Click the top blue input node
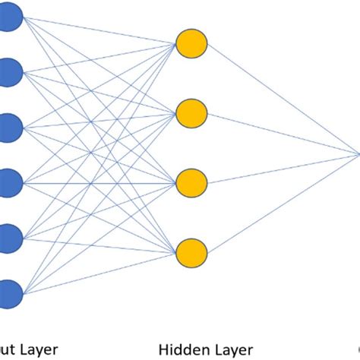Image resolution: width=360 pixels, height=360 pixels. (x=9, y=16)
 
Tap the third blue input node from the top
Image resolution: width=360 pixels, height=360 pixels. (x=9, y=127)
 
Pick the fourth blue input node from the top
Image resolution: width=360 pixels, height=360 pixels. (x=9, y=182)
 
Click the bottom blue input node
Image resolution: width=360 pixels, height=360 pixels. (x=9, y=292)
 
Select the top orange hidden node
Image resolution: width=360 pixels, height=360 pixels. (x=191, y=44)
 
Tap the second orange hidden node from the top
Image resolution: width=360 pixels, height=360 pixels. (x=191, y=114)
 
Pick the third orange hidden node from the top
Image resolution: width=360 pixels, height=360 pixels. (x=191, y=183)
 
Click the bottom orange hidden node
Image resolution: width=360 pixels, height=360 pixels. (x=191, y=253)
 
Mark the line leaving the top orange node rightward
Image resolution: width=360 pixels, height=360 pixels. (x=281, y=99)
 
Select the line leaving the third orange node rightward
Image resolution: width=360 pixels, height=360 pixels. (x=281, y=169)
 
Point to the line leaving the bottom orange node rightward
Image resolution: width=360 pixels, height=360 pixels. (x=281, y=204)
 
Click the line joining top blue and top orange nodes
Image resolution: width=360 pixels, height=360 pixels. (x=99, y=30)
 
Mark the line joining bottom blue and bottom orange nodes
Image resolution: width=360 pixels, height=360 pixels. (x=99, y=273)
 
